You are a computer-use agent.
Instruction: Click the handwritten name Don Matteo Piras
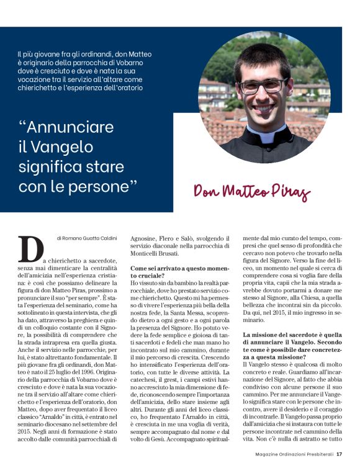pyautogui.click(x=251, y=191)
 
